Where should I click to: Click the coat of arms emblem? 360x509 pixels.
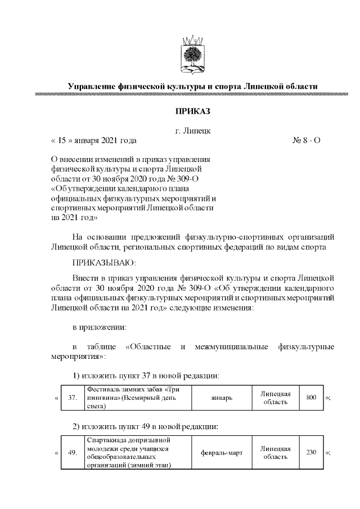pos(193,55)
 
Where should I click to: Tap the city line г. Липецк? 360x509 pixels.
pos(193,131)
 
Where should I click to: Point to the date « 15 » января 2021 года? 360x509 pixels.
pos(93,141)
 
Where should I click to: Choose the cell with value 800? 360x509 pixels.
pos(310,398)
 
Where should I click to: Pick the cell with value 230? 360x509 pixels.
pos(310,452)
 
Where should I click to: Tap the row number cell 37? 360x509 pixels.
pos(72,398)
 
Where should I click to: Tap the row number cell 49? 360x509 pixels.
pos(72,452)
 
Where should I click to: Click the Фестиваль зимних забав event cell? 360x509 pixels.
pos(137,398)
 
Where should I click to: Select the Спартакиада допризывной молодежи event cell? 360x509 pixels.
pos(137,452)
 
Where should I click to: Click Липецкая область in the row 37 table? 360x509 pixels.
pos(275,398)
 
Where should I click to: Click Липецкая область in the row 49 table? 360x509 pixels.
pos(275,452)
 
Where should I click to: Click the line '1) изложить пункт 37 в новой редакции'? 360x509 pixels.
pos(146,375)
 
